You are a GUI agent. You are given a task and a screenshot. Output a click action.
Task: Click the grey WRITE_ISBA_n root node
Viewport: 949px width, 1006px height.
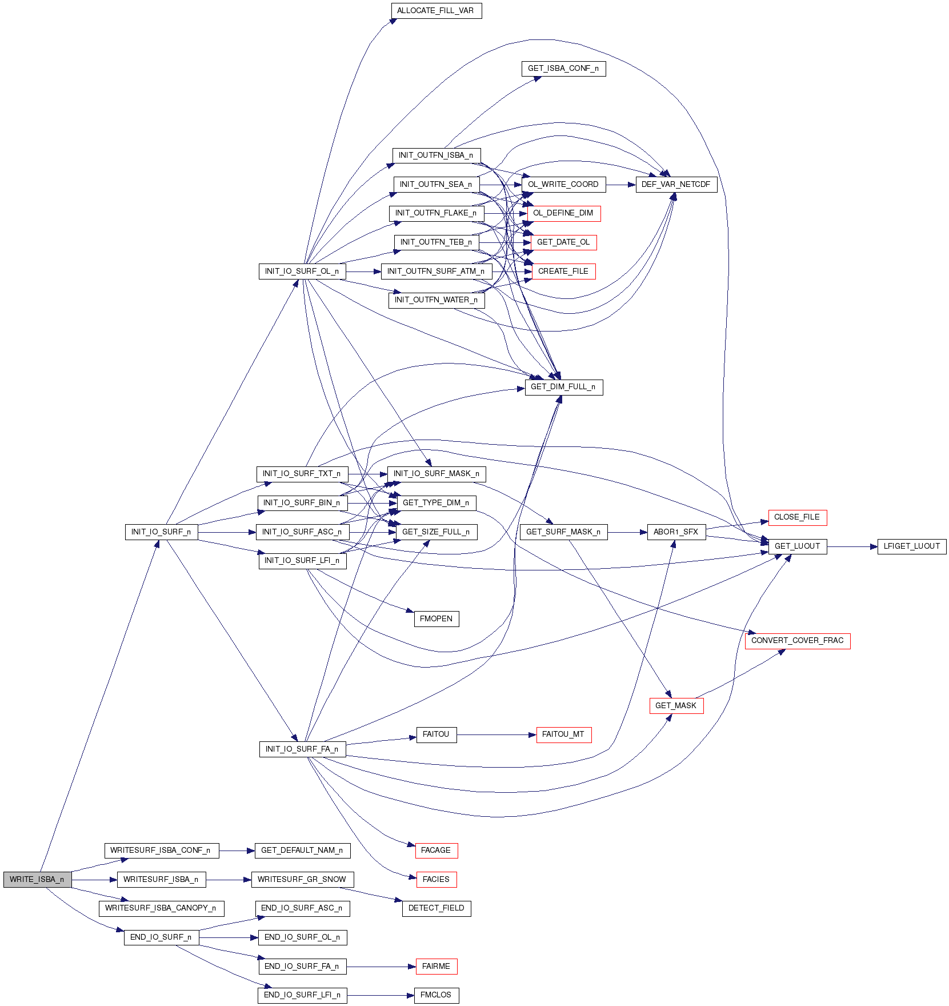[37, 880]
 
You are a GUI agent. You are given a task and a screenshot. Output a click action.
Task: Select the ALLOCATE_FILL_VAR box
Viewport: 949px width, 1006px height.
[436, 11]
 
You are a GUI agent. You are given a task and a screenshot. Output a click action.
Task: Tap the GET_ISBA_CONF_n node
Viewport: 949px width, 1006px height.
[563, 69]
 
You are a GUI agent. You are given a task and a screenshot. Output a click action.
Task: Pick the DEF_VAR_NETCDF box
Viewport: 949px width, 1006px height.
[676, 185]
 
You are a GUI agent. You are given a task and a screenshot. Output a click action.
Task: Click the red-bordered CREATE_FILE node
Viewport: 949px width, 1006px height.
[563, 272]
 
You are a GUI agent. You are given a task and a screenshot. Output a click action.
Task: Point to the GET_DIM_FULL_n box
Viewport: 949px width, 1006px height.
[563, 387]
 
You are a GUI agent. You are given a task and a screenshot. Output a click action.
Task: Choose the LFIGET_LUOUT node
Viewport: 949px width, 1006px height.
[911, 546]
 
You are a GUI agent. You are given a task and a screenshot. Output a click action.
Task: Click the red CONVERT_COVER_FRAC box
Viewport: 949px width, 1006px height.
[797, 641]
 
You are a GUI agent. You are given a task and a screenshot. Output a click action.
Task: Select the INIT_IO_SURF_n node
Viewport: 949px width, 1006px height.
[161, 532]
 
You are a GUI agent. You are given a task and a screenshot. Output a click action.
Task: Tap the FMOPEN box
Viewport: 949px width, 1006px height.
[436, 619]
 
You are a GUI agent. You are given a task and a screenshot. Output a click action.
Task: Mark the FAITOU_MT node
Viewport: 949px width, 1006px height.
[563, 734]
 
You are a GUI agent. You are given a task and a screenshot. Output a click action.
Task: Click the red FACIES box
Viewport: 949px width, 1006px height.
[436, 880]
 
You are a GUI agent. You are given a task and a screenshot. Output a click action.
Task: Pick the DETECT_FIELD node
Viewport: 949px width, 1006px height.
[436, 908]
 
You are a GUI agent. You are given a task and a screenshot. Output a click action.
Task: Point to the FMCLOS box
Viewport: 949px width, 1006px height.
[436, 995]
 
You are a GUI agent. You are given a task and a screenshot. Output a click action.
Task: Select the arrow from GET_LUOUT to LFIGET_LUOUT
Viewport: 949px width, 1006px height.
[851, 547]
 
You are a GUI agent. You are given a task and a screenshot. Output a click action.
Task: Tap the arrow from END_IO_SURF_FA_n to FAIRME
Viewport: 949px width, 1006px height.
[381, 967]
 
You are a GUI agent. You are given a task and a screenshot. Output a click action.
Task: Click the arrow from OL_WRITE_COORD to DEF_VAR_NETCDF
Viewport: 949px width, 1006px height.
[620, 185]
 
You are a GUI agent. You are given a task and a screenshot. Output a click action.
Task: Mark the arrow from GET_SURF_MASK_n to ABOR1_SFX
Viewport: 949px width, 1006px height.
[627, 532]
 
